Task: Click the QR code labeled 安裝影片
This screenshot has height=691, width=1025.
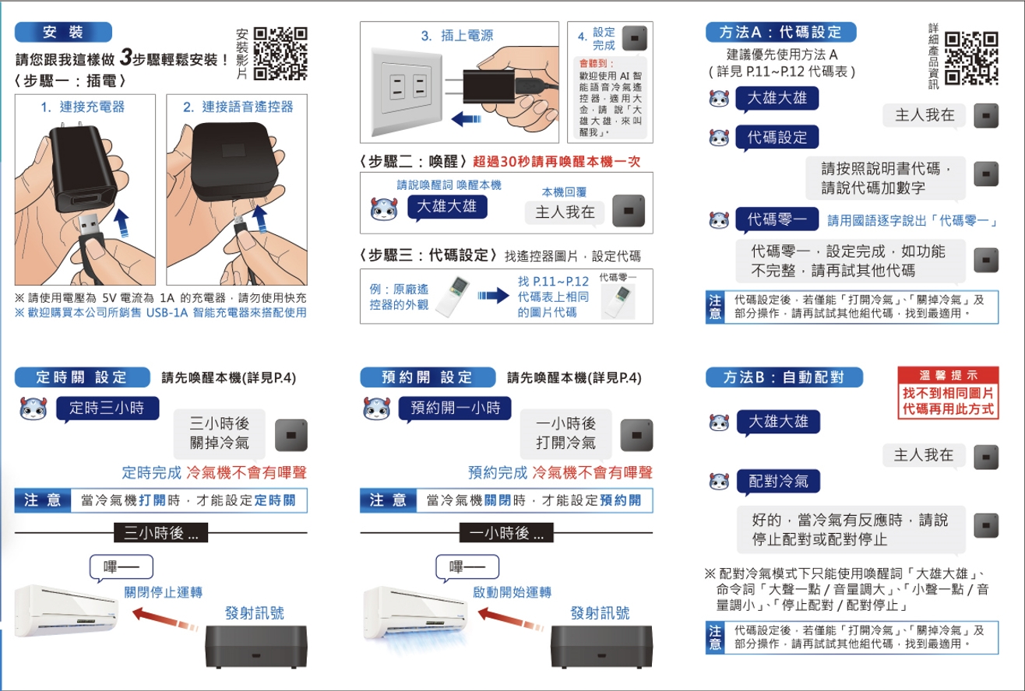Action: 280,54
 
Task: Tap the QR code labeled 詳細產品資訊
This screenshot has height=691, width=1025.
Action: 971,58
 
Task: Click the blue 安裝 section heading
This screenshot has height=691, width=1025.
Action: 63,32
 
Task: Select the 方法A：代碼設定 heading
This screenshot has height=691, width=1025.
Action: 780,32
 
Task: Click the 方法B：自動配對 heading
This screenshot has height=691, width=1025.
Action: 784,377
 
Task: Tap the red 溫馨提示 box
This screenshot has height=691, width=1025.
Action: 948,393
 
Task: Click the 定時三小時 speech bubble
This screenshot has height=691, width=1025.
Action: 107,409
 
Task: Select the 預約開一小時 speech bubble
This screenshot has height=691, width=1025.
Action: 455,409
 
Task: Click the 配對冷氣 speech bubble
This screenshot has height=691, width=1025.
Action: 778,482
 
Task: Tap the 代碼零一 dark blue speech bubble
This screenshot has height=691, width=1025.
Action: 777,219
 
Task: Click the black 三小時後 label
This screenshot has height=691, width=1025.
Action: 160,533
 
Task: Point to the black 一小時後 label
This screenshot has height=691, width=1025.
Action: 506,533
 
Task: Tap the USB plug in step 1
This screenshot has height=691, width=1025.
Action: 90,226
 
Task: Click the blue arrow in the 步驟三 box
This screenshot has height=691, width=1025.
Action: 493,296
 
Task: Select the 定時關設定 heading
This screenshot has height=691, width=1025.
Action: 82,377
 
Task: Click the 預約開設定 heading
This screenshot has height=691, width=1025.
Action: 428,377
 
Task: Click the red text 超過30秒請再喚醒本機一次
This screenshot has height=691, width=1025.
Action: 556,161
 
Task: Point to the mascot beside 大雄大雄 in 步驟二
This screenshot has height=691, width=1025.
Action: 383,209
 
